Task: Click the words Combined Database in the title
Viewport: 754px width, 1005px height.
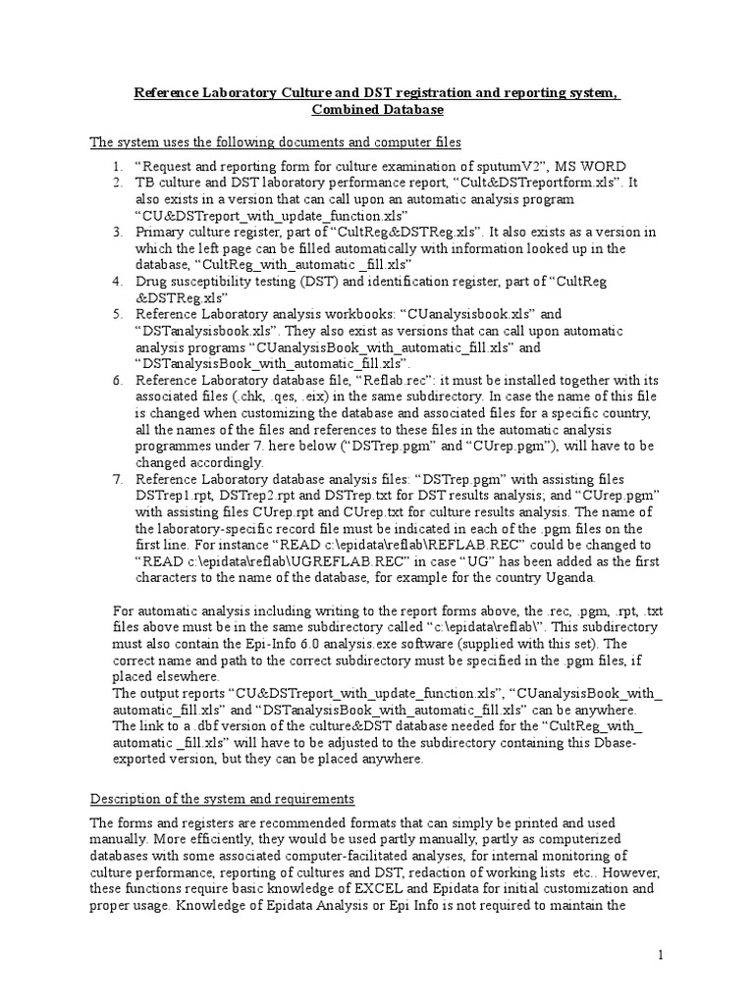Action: pyautogui.click(x=377, y=110)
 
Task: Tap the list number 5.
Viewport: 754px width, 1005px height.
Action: pyautogui.click(x=117, y=314)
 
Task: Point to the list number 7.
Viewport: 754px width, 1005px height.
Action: pyautogui.click(x=117, y=479)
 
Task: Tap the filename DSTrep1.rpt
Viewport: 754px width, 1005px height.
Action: pyautogui.click(x=176, y=496)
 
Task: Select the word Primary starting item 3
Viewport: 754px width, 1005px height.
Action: pyautogui.click(x=160, y=232)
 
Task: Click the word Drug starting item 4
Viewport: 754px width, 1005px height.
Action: pyautogui.click(x=152, y=282)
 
